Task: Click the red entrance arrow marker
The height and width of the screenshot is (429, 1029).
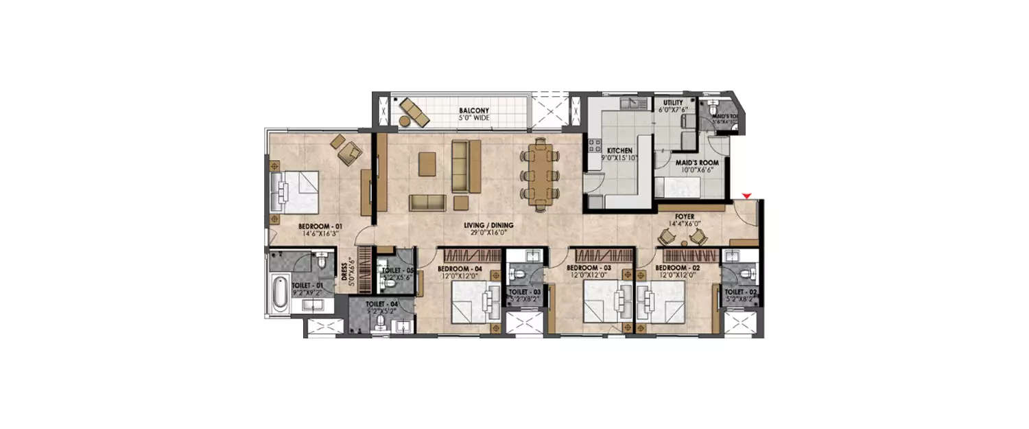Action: pyautogui.click(x=748, y=196)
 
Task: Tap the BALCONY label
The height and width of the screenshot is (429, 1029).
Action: pyautogui.click(x=474, y=110)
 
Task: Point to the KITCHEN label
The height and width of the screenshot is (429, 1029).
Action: pyautogui.click(x=619, y=150)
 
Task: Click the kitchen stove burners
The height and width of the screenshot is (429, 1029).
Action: pyautogui.click(x=593, y=146)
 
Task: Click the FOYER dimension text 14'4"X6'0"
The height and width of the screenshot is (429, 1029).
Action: pyautogui.click(x=685, y=222)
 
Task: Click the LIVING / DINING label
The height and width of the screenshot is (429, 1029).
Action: pyautogui.click(x=488, y=225)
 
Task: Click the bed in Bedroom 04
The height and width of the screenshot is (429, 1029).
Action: pyautogui.click(x=472, y=303)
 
